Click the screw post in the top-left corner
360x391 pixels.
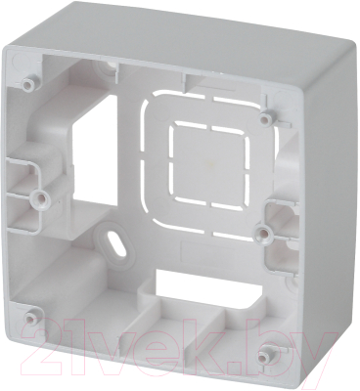point(28,76)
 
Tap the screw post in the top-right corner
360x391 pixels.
point(266,118)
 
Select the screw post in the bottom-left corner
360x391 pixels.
point(31,316)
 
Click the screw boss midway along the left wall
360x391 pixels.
point(41,197)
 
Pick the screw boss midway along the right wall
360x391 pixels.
point(263,234)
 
